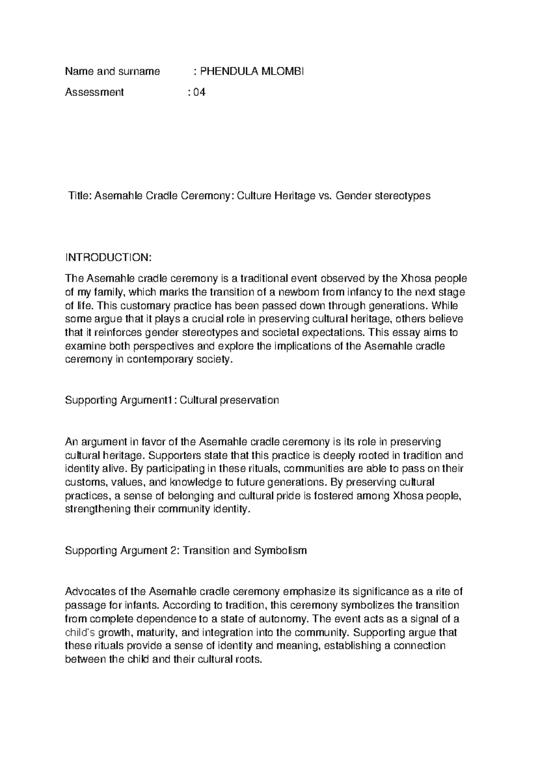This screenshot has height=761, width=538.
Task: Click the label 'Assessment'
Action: [95, 92]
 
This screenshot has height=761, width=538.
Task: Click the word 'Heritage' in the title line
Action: [295, 196]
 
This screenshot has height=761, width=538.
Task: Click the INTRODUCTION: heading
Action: [109, 258]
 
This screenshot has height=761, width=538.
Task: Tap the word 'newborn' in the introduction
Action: [298, 293]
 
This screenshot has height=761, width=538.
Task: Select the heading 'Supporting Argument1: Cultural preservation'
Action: [172, 400]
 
